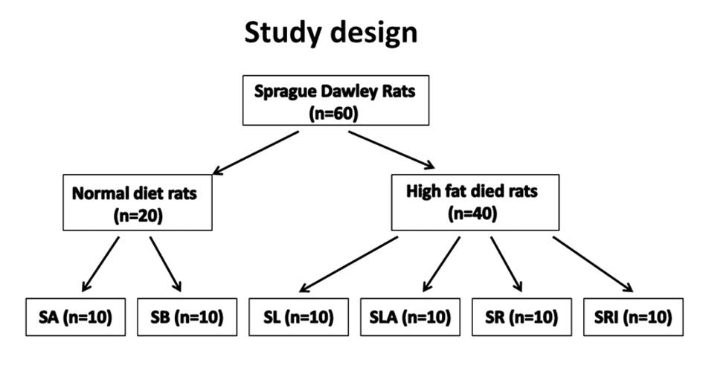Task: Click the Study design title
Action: click(x=331, y=33)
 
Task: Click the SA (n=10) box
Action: click(x=76, y=317)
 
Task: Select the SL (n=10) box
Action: click(x=298, y=317)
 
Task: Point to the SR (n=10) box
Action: click(x=522, y=317)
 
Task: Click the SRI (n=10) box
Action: click(x=634, y=317)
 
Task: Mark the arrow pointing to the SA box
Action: click(x=101, y=263)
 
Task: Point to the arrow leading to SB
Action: click(x=166, y=263)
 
